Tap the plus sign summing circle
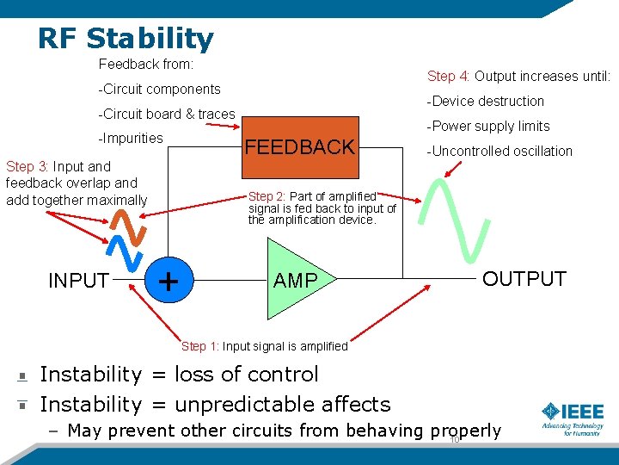click(x=169, y=280)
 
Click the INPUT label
click(x=78, y=281)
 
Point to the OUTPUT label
click(x=524, y=278)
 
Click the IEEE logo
click(x=572, y=418)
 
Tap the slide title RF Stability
click(x=126, y=38)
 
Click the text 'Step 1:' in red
click(x=199, y=346)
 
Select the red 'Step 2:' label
click(x=267, y=196)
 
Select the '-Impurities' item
click(x=131, y=138)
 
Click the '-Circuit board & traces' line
click(x=167, y=114)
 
